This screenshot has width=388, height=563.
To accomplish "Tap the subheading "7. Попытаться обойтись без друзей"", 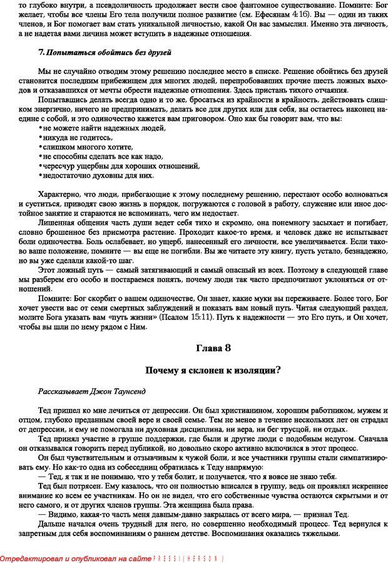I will point(105,52).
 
